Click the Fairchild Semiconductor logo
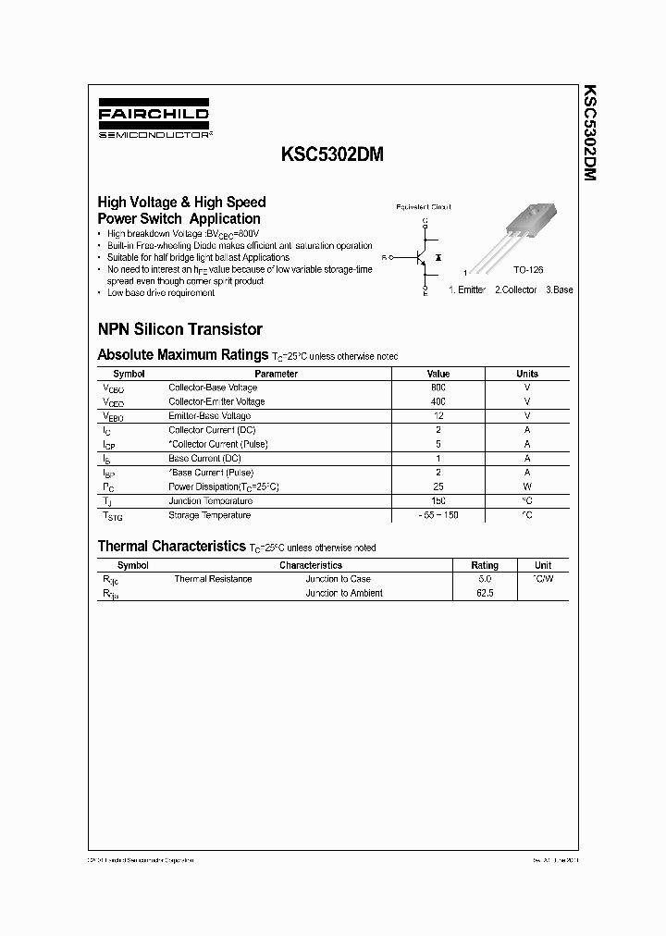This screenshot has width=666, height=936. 154,121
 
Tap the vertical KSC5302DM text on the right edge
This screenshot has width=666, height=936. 589,133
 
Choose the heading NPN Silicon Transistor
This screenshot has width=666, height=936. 179,329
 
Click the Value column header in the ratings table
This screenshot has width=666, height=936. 438,374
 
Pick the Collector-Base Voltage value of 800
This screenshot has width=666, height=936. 438,388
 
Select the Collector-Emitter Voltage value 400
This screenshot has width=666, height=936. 438,401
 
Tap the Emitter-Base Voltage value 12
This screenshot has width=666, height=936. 438,416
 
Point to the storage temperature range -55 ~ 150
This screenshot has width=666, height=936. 438,515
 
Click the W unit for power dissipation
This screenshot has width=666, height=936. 526,486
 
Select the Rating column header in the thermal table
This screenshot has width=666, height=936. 485,565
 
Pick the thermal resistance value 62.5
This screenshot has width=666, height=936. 485,593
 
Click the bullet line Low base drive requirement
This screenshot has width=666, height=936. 161,293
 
